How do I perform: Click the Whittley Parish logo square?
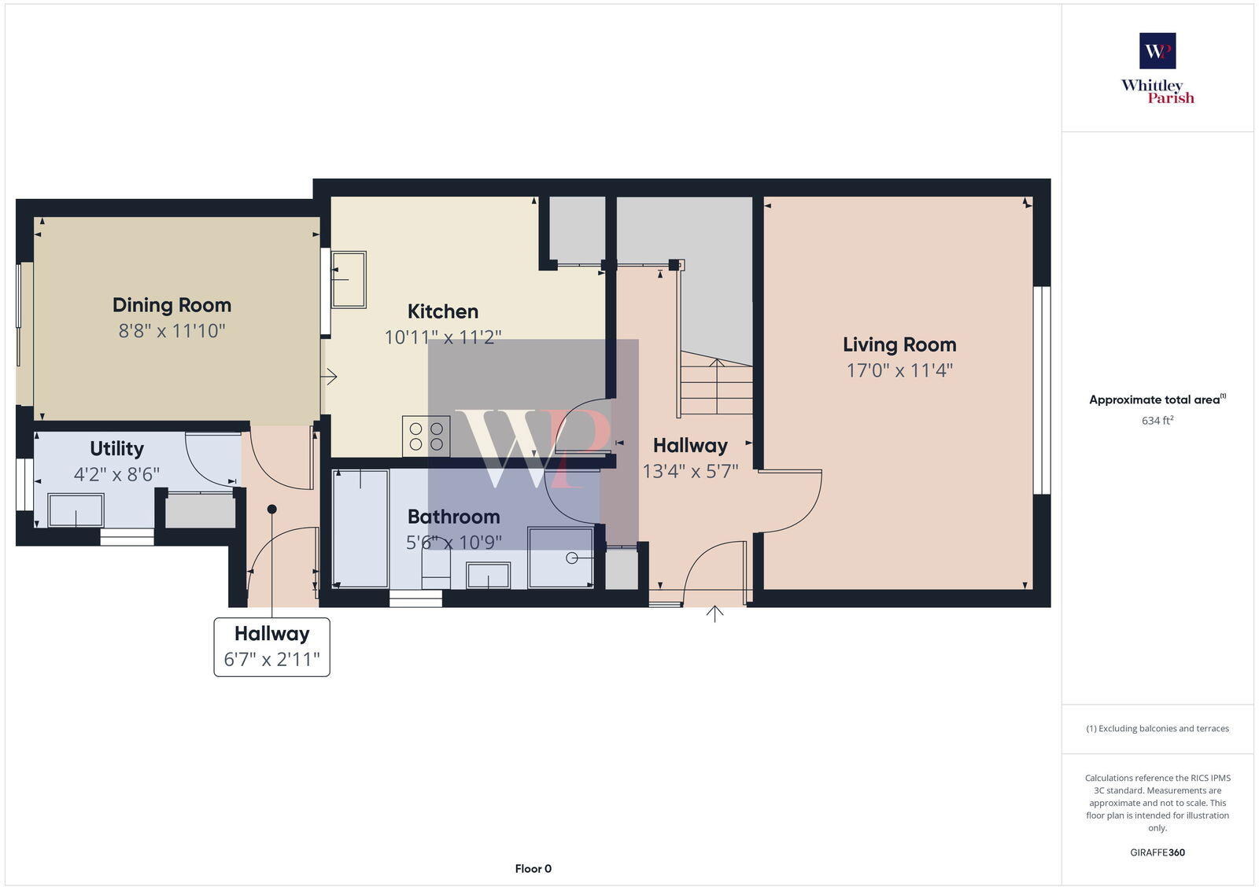pos(1157,51)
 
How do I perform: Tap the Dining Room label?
pos(172,305)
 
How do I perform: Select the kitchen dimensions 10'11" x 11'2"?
pos(442,337)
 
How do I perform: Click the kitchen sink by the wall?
pos(349,279)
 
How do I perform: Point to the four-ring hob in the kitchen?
pos(426,436)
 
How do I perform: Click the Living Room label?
pos(899,344)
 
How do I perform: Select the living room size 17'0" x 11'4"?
pos(899,370)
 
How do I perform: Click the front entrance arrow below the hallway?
pos(714,614)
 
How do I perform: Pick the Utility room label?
pos(116,449)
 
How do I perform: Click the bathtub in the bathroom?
pos(360,528)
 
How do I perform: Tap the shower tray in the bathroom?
pos(560,558)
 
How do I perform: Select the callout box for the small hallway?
pos(271,646)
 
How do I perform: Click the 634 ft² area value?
pos(1157,421)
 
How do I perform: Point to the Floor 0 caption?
pos(533,869)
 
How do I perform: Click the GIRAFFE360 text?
pos(1157,852)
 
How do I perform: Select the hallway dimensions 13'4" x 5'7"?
pos(690,472)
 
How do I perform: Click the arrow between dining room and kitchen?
pos(329,377)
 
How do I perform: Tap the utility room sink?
pos(76,510)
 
